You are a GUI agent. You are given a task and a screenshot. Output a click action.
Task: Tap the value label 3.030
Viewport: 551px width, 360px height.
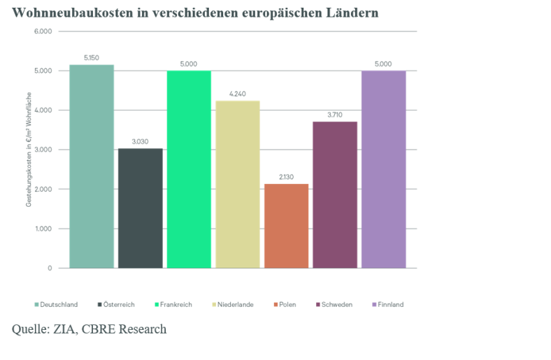click(x=140, y=142)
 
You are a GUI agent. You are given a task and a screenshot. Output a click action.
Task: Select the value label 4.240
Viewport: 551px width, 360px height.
click(x=238, y=94)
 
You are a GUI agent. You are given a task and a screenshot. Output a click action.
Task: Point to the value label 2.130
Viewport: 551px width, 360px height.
click(x=286, y=178)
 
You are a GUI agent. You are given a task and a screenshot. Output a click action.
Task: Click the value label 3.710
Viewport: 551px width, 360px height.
click(x=335, y=115)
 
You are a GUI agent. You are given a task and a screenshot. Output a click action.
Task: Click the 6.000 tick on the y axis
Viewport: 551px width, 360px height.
click(x=43, y=31)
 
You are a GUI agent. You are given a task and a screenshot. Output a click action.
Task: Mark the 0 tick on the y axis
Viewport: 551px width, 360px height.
click(x=50, y=268)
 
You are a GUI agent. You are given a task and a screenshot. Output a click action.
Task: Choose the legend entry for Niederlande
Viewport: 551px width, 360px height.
click(x=235, y=305)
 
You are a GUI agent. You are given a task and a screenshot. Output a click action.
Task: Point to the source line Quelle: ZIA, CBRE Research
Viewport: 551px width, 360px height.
click(x=89, y=329)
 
